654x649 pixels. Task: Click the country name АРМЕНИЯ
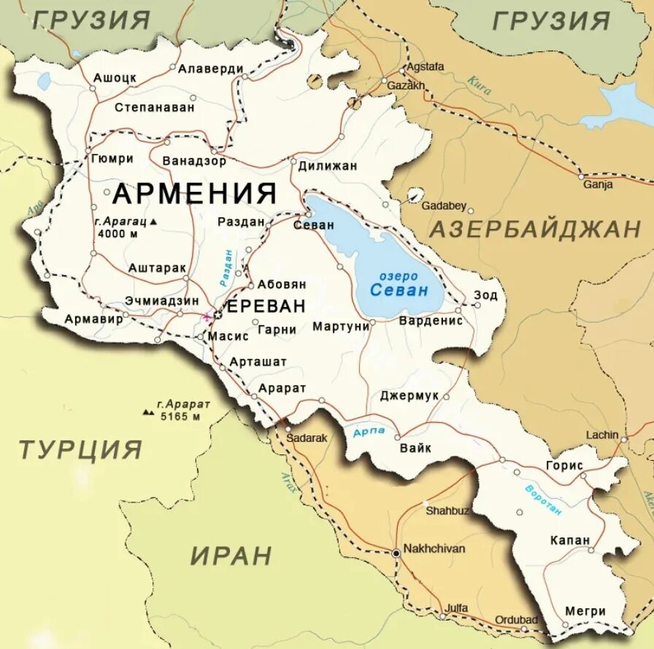click(195, 194)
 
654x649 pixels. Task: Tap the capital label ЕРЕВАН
click(266, 306)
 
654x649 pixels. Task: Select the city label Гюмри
click(112, 158)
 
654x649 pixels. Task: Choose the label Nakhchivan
click(434, 548)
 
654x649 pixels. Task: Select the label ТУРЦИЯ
click(80, 449)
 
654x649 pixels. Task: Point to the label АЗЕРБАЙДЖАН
click(534, 229)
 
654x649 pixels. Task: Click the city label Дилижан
click(328, 166)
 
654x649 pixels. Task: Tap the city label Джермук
click(409, 395)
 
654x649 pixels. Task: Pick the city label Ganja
click(597, 184)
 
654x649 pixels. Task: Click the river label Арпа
click(368, 432)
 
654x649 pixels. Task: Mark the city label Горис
click(564, 465)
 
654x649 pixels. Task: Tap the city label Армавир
click(92, 319)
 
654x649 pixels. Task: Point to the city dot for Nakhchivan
click(396, 553)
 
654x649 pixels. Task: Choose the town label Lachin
click(601, 435)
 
